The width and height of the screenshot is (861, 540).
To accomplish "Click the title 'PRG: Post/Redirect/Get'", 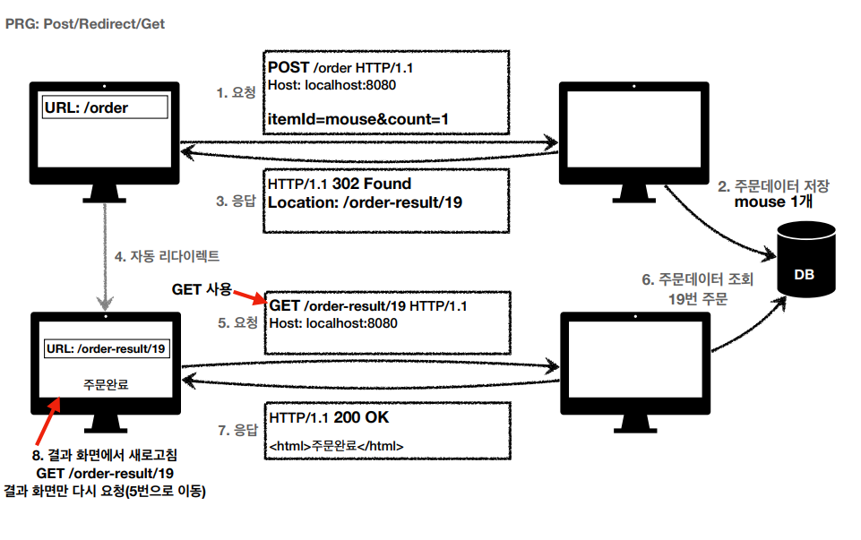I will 85,24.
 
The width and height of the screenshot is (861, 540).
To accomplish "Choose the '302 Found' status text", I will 372,184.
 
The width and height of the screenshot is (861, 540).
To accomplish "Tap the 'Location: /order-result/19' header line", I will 365,202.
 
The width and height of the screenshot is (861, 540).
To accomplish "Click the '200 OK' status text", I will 360,418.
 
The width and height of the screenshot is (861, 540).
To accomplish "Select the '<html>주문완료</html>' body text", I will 336,445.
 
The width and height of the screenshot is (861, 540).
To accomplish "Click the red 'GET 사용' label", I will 201,289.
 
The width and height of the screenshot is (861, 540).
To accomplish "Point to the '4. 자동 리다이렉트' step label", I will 167,255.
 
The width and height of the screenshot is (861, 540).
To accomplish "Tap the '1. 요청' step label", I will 237,92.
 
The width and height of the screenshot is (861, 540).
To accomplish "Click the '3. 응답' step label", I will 237,201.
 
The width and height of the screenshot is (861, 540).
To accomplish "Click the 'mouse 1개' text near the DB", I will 773,201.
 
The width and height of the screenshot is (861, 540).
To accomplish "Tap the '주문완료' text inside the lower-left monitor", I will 106,382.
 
